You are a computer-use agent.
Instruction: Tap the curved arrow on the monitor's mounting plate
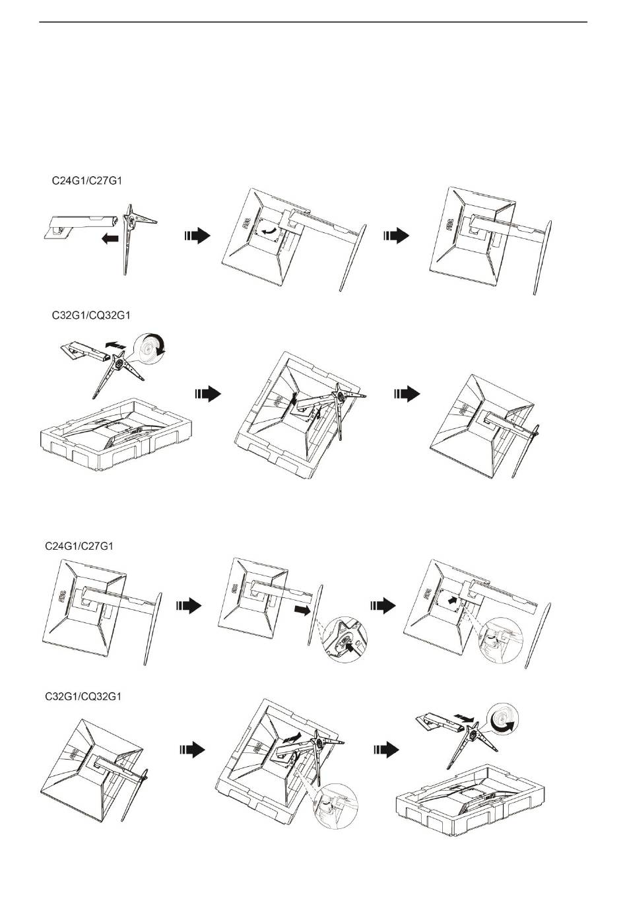coord(269,230)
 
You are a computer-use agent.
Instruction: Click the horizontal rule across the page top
coord(313,22)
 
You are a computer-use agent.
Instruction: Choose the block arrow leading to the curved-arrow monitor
coord(197,236)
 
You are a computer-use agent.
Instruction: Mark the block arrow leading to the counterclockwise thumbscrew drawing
coord(387,749)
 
